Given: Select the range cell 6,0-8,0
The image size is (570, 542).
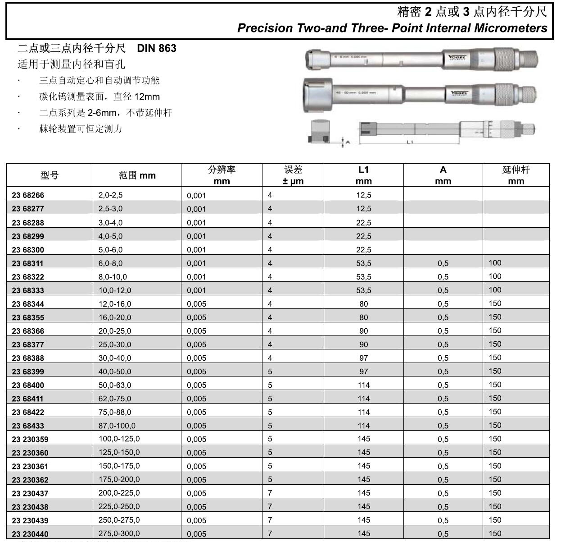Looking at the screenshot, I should tap(110, 263).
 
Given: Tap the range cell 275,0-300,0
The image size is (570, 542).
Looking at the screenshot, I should tap(119, 533).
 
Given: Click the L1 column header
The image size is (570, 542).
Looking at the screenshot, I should tap(363, 175).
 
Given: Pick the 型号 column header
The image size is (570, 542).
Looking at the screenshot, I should tap(49, 175).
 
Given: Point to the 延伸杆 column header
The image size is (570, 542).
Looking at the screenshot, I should tap(516, 175).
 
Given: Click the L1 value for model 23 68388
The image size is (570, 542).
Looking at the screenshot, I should tap(363, 358).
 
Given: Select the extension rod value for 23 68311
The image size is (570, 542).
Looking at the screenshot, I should tap(495, 263).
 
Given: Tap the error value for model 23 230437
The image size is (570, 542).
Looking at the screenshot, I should tap(270, 493).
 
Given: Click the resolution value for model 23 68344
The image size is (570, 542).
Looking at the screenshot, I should tap(196, 304).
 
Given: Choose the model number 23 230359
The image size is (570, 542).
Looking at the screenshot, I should tap(30, 439).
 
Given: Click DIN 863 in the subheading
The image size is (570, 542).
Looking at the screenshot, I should tap(156, 48).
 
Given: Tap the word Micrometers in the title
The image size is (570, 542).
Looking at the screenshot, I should tap(511, 28).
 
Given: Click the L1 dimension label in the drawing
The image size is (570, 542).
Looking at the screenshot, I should tap(410, 142).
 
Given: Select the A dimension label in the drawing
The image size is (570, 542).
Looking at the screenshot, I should tap(348, 142).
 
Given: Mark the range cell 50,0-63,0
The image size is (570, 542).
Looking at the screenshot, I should tap(115, 385).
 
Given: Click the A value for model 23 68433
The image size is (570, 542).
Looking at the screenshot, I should tap(443, 426).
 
